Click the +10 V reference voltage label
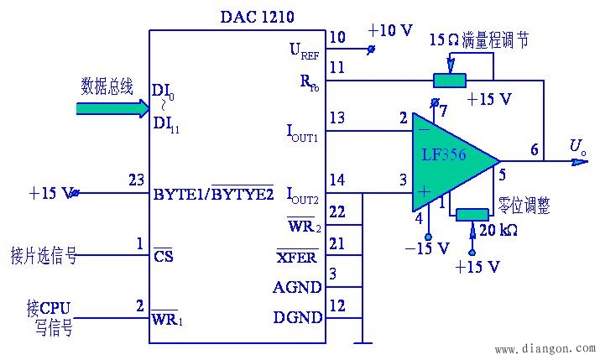pos(390,31)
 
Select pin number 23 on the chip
pos(135,180)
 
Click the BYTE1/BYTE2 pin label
pos(213,195)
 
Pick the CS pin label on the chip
pos(164,256)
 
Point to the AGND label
pos(297,287)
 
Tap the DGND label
pos(297,317)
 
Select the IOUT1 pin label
pos(302,133)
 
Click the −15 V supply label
pos(426,248)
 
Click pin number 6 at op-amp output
pos(535,148)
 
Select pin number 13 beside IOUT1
pos(337,118)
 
